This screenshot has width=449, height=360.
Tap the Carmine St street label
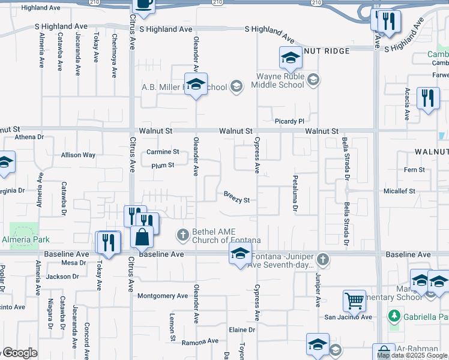tap(163, 152)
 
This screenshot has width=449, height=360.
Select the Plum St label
tap(163, 165)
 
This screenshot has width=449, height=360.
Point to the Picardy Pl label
tap(290, 121)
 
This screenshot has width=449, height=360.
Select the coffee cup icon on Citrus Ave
tap(143, 4)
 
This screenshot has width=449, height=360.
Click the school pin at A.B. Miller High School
tap(195, 85)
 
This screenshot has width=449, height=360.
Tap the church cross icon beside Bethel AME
tap(184, 233)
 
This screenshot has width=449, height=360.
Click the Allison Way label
tap(78, 155)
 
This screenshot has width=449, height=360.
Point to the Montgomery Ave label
tap(163, 296)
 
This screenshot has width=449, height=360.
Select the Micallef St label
tap(399, 191)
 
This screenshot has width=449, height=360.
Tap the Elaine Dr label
tap(243, 330)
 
